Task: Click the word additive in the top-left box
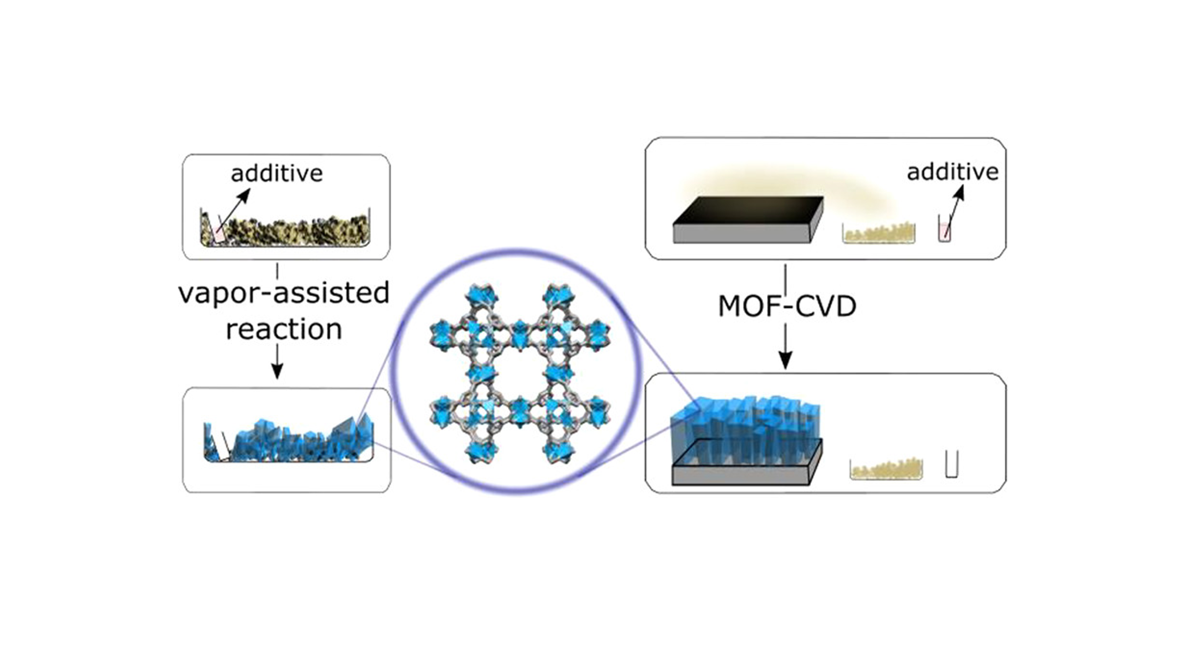point(276,173)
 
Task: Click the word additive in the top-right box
point(952,172)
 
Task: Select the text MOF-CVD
point(787,307)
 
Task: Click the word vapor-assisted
point(283,293)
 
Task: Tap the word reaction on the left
point(283,329)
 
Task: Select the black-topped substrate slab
point(746,219)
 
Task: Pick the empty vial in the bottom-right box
point(951,465)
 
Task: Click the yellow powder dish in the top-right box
point(878,234)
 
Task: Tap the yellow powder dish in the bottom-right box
point(886,470)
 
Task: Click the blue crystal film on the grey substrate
point(746,422)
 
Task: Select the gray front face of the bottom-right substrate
point(741,476)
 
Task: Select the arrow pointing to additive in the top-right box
point(955,209)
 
